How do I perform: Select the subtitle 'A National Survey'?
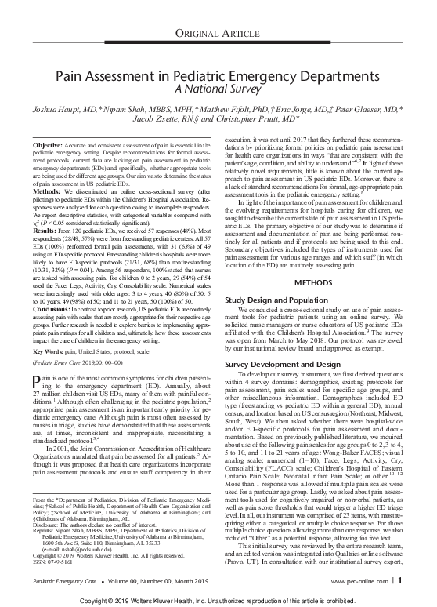pos(218,92)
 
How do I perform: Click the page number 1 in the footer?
pos(400,581)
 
